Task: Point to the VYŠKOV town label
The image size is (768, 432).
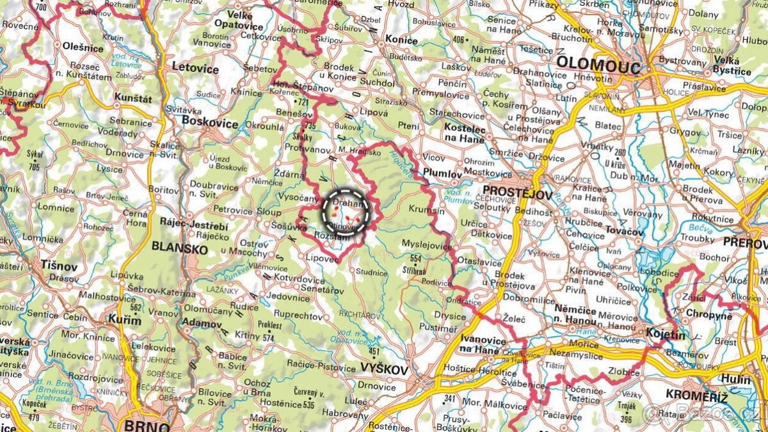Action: [384, 369]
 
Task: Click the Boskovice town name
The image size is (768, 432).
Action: [210, 120]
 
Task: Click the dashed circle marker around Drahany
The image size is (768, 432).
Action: [346, 211]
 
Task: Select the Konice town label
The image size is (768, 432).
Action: [401, 40]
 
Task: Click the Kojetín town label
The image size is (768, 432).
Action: [666, 334]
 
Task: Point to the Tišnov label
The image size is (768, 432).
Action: [59, 264]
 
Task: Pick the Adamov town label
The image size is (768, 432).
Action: [202, 324]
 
